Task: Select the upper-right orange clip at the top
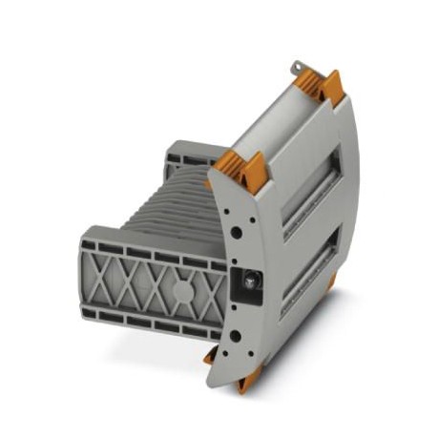331,87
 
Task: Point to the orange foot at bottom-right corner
328,278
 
